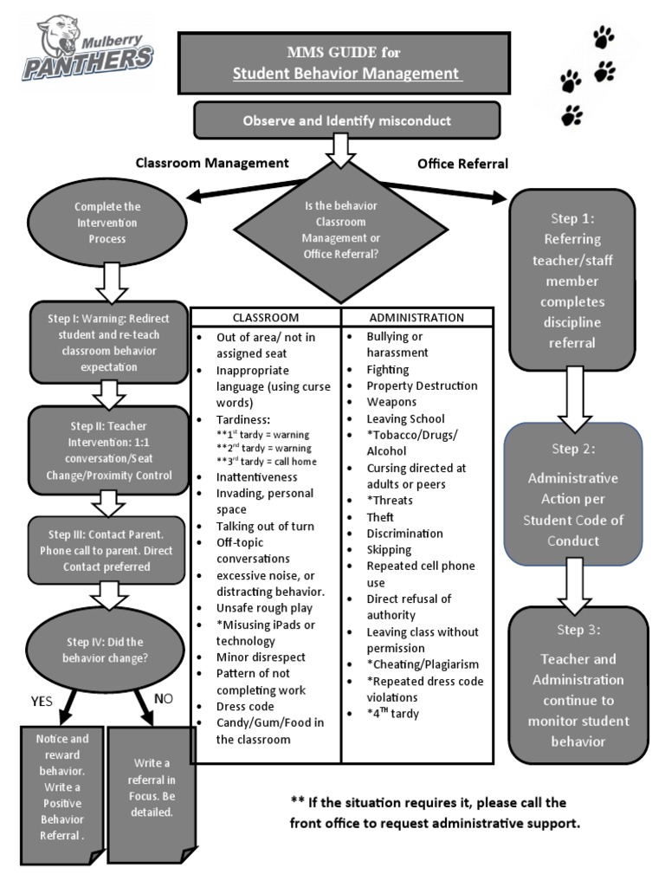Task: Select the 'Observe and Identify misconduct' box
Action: (x=346, y=120)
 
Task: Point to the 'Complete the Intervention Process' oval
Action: (x=107, y=222)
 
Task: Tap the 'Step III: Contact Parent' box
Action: (x=107, y=549)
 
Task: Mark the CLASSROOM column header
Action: (x=265, y=317)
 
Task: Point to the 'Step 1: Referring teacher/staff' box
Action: (x=571, y=280)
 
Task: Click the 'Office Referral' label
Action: (x=462, y=163)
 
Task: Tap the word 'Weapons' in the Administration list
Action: (x=391, y=402)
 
